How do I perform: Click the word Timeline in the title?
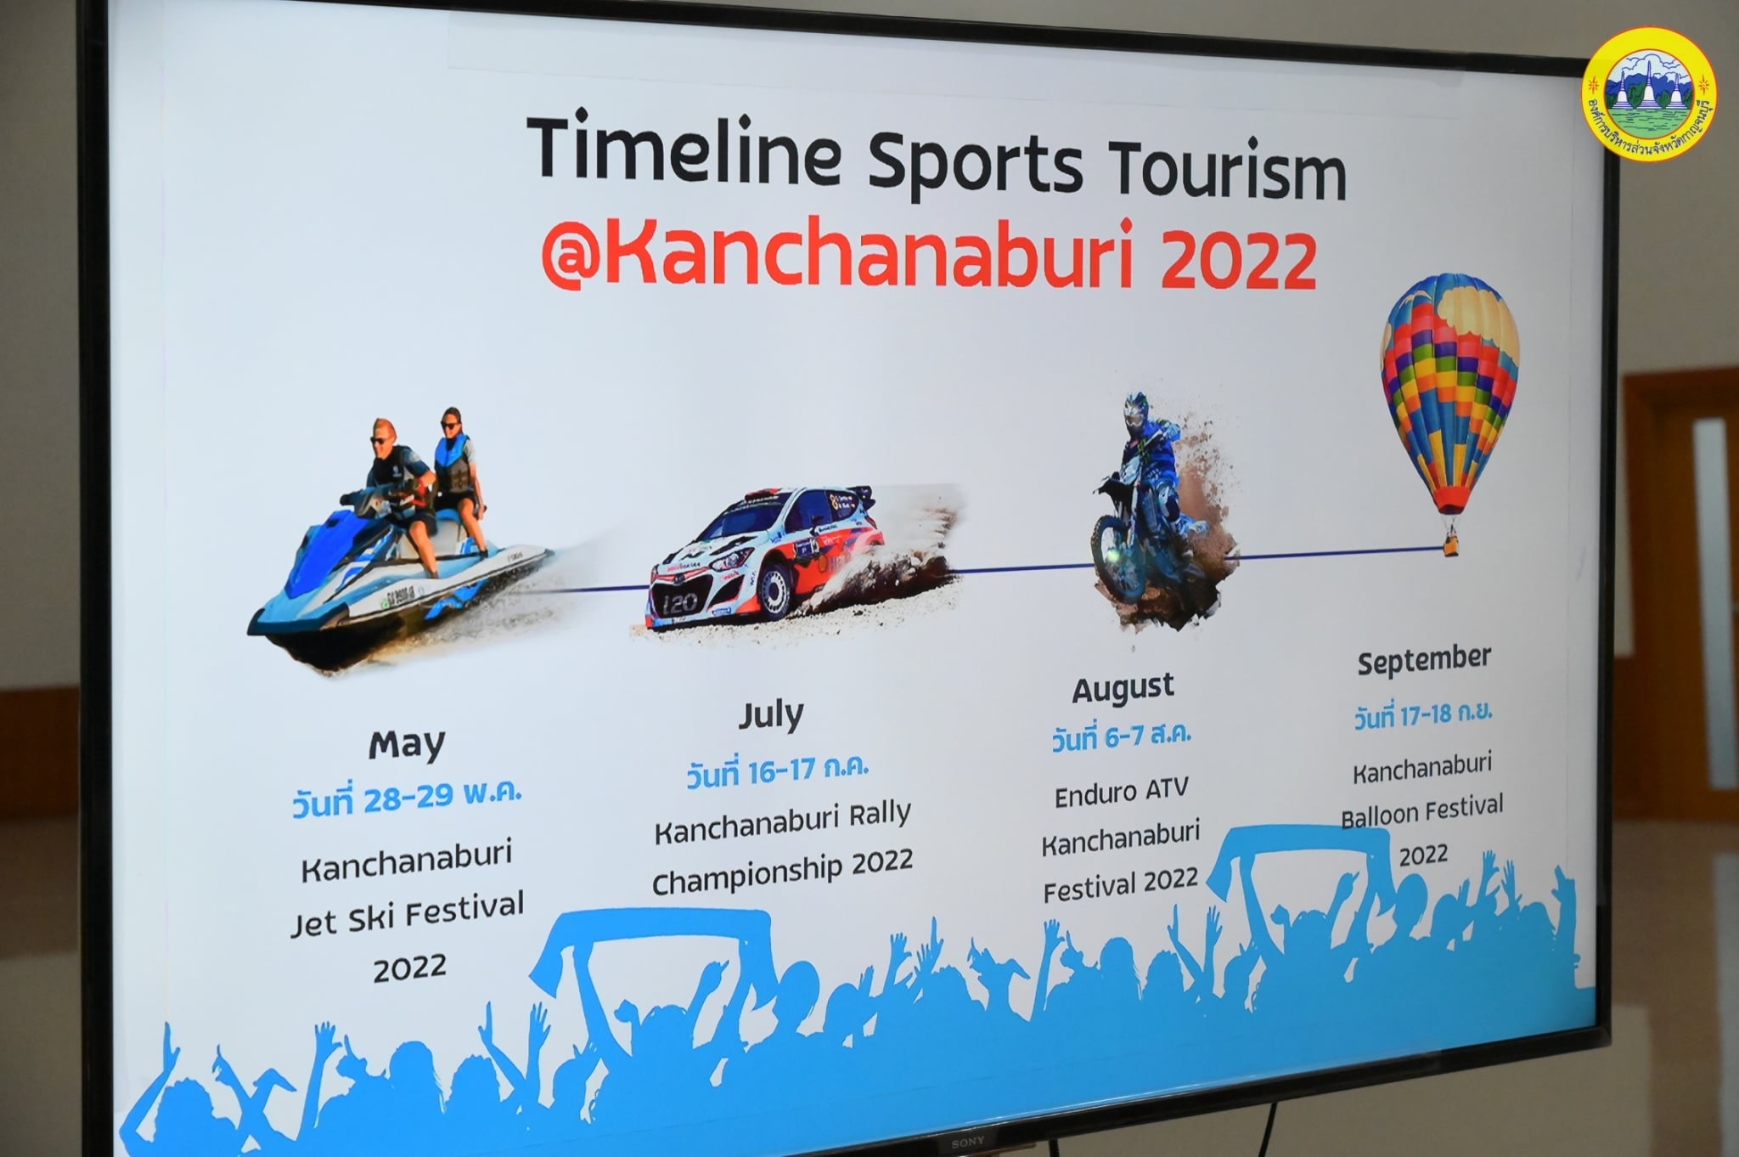(x=684, y=149)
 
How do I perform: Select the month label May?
(x=407, y=745)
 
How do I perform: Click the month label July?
(x=769, y=715)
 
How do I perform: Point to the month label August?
(x=1123, y=688)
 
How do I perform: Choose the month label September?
(x=1423, y=660)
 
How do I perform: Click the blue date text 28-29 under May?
(x=406, y=799)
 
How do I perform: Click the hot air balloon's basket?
(x=1449, y=541)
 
